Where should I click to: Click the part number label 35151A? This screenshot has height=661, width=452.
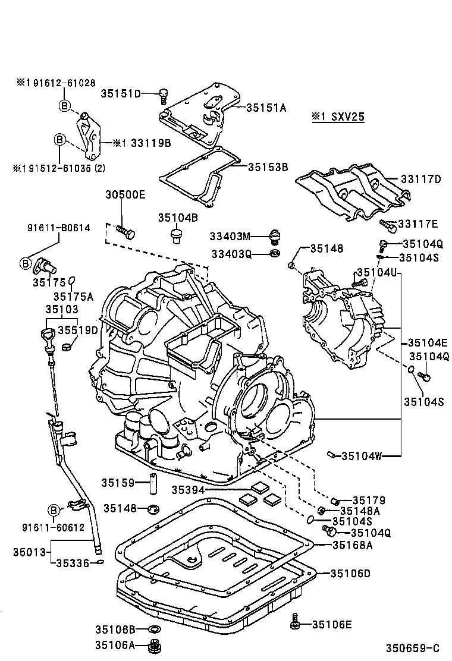(x=267, y=108)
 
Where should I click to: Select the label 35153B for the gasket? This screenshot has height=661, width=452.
(x=268, y=167)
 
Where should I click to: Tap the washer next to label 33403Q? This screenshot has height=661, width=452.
(x=274, y=254)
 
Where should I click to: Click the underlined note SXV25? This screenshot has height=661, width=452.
(x=338, y=117)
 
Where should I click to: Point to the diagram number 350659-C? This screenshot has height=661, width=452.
(x=415, y=647)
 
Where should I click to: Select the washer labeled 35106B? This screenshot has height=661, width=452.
(x=155, y=628)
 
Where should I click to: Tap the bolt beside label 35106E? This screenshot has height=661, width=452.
(x=294, y=624)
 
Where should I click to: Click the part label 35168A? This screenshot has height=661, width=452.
(x=353, y=544)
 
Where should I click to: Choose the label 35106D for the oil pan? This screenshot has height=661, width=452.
(x=351, y=573)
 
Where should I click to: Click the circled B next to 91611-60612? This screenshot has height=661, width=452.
(x=54, y=510)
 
